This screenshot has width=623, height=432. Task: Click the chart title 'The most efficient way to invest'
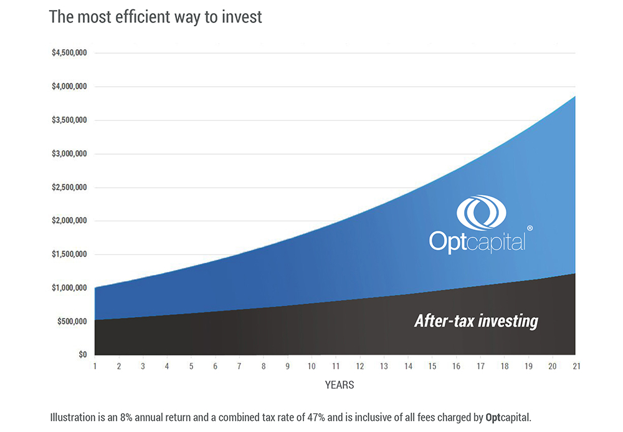pos(155,17)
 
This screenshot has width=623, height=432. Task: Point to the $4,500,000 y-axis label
pos(69,53)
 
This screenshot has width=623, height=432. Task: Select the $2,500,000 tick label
pos(69,188)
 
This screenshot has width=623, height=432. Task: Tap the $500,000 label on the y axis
pos(71,322)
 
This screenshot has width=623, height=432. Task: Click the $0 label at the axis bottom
pos(82,355)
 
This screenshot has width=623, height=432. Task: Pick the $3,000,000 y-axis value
pos(69,154)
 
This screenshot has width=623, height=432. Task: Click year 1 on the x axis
pos(95,367)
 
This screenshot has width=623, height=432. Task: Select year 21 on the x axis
pos(576,367)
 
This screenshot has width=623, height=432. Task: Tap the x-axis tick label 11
pos(335,367)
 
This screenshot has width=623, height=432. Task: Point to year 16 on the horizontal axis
pos(455,367)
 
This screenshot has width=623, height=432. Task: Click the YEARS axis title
pos(339,385)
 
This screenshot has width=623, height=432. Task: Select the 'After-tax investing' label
pos(476,322)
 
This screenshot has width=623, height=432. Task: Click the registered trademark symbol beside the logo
pos(530,229)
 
